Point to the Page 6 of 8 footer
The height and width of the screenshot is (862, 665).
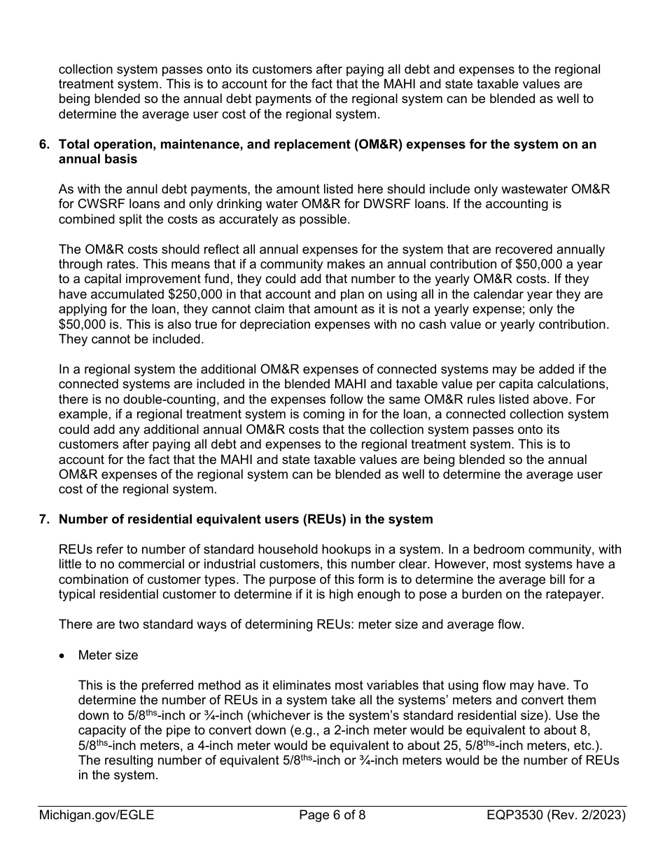(x=332, y=815)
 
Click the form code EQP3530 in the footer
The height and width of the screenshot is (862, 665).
(x=520, y=815)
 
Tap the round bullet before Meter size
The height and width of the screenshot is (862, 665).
(x=64, y=655)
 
